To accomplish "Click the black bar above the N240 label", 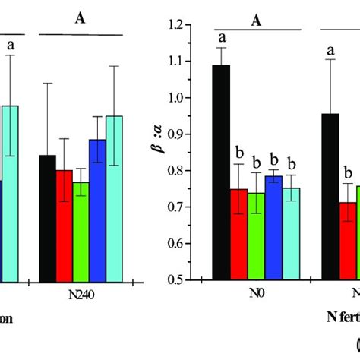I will coord(47,217).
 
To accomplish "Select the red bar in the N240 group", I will coord(65,225).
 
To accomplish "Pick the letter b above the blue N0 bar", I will coord(274,162).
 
